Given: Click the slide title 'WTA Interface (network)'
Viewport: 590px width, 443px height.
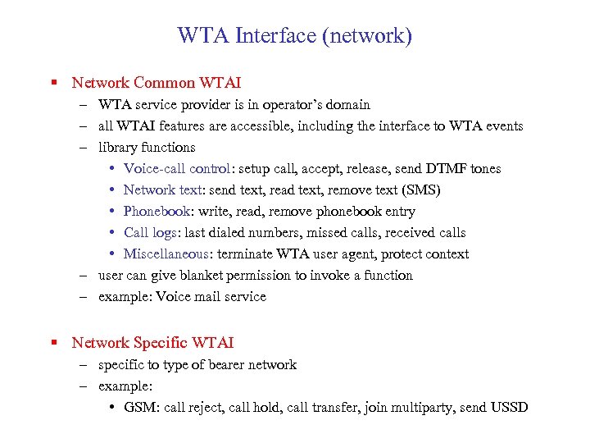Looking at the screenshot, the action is pos(295,36).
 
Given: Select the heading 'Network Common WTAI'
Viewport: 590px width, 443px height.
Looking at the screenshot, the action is pos(156,83).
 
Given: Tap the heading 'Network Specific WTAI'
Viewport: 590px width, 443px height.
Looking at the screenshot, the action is pos(152,343).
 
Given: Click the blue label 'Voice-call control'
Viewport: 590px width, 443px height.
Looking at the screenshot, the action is pos(176,169).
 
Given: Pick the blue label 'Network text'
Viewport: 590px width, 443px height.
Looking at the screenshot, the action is pos(161,190).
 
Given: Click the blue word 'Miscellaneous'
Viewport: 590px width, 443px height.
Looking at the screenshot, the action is pos(168,254).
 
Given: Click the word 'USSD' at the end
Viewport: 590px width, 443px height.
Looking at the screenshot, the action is pos(509,408).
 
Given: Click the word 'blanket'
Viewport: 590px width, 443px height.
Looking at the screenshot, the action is pos(185,276).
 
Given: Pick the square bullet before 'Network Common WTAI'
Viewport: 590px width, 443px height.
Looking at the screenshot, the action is pos(53,83).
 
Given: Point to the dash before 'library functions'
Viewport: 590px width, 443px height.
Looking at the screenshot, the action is pos(84,148).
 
